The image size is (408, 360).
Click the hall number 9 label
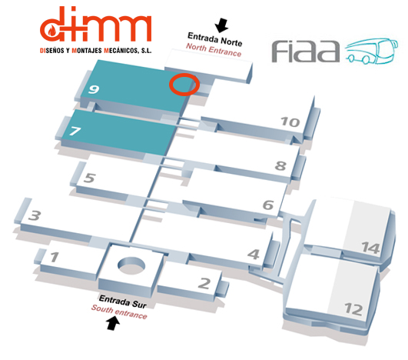(x=94, y=89)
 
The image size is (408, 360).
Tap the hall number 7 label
(x=75, y=131)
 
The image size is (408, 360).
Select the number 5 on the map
(x=89, y=178)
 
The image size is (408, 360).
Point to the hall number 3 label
(x=35, y=215)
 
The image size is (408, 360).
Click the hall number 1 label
(x=55, y=257)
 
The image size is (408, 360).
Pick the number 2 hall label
(x=204, y=283)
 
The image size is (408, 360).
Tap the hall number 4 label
(x=254, y=255)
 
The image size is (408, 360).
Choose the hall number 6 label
(x=268, y=205)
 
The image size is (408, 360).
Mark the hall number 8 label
(x=280, y=165)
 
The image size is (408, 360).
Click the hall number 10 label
(x=290, y=122)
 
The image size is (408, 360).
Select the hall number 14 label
(x=371, y=248)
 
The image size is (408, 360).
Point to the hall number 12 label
(x=353, y=309)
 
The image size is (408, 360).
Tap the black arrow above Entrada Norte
(x=222, y=25)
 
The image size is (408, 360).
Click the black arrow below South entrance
(x=113, y=323)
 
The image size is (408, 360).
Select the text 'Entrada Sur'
(x=123, y=302)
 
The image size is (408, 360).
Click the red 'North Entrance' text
(x=214, y=50)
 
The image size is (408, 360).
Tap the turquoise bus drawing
(x=372, y=51)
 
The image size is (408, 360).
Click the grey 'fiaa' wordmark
(x=306, y=52)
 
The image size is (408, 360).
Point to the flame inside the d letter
(x=52, y=31)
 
